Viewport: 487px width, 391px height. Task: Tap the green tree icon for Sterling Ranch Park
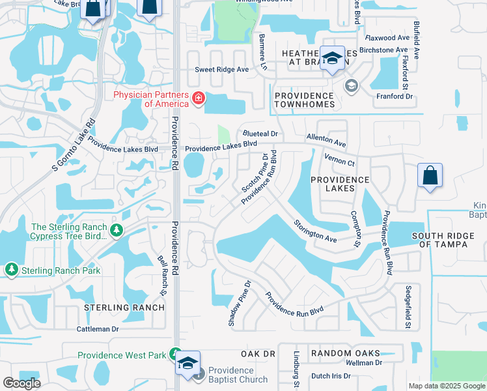click(x=11, y=269)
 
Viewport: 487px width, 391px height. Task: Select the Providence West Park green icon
click(x=175, y=355)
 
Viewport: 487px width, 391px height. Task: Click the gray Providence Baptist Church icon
click(x=200, y=374)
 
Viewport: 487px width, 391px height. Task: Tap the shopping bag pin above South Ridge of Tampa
click(x=430, y=176)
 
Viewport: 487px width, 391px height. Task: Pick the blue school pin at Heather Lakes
click(x=332, y=59)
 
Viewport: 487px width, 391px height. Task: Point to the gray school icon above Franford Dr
click(x=352, y=85)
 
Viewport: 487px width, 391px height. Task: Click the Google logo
click(x=21, y=383)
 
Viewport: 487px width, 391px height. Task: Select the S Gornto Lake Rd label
click(x=73, y=145)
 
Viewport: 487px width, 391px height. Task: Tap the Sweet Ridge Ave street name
click(x=222, y=70)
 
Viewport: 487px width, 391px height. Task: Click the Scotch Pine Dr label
click(x=254, y=173)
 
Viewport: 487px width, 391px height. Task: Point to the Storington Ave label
click(x=315, y=231)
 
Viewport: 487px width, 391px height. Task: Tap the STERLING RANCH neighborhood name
click(x=124, y=307)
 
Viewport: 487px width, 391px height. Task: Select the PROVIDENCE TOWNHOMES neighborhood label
click(x=304, y=100)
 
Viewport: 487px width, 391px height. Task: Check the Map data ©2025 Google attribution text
click(x=446, y=386)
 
